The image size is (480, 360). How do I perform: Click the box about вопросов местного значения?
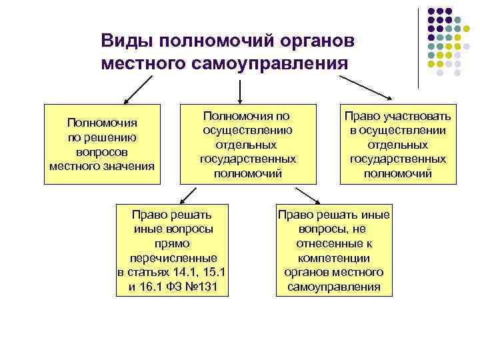102,143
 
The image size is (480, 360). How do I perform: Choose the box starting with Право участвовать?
398,143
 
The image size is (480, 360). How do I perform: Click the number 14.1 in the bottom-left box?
181,273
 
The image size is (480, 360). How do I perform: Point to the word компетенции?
334,258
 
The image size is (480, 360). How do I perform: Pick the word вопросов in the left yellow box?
102,151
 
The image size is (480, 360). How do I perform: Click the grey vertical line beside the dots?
419,47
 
